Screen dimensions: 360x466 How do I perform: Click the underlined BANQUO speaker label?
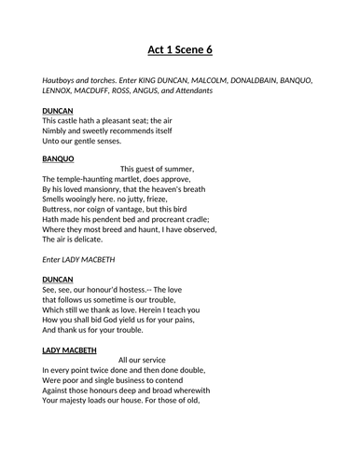(59, 158)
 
